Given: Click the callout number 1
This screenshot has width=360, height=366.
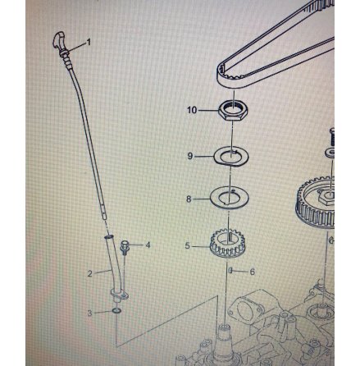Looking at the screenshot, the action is pyautogui.click(x=89, y=42).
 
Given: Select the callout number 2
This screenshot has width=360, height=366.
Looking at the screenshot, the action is pyautogui.click(x=90, y=273).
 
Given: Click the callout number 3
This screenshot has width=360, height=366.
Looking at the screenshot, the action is pyautogui.click(x=89, y=313).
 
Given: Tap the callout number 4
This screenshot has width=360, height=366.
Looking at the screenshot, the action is pyautogui.click(x=148, y=245).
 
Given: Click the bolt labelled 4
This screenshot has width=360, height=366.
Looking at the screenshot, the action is pyautogui.click(x=125, y=248).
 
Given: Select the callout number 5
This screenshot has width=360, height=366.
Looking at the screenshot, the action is pyautogui.click(x=187, y=245).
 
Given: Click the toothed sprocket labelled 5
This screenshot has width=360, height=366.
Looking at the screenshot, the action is pyautogui.click(x=226, y=245).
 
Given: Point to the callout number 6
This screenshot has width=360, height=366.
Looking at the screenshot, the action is pyautogui.click(x=253, y=272).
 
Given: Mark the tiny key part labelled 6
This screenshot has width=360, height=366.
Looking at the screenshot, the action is pyautogui.click(x=230, y=271).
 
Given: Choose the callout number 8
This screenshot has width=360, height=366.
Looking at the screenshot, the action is pyautogui.click(x=189, y=199).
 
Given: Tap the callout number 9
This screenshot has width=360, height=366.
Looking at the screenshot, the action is pyautogui.click(x=190, y=156).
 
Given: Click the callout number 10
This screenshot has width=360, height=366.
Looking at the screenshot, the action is pyautogui.click(x=192, y=110).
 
